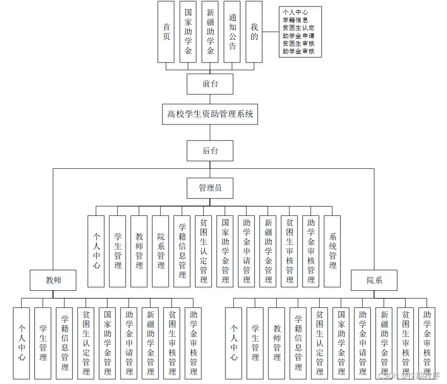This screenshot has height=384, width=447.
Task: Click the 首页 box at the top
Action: click(166, 32)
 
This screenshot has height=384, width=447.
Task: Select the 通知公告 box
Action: click(232, 32)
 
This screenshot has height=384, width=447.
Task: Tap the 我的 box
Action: click(254, 32)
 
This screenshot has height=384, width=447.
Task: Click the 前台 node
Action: click(210, 84)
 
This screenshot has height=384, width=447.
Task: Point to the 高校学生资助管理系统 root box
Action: click(210, 114)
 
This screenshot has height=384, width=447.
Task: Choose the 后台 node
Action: click(210, 151)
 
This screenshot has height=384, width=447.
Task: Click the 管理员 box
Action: click(210, 188)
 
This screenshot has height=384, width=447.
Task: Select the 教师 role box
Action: click(53, 280)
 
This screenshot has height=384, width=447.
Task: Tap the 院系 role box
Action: click(374, 280)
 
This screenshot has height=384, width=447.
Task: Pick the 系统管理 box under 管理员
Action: click(332, 251)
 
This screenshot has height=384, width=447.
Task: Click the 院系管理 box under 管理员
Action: click(160, 251)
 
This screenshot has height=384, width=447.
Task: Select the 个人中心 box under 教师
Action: click(21, 343)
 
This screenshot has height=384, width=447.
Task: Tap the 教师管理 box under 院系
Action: click(277, 343)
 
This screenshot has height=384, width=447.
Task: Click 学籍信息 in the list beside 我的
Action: click(296, 19)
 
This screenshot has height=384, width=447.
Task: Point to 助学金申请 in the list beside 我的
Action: click(298, 35)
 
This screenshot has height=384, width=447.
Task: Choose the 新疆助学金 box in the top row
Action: click(210, 32)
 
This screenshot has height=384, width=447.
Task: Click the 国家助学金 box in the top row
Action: click(188, 32)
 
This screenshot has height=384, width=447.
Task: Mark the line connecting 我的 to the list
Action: click(271, 32)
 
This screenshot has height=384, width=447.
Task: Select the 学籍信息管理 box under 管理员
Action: click(182, 251)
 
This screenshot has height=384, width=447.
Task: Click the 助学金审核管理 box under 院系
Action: click(427, 343)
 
